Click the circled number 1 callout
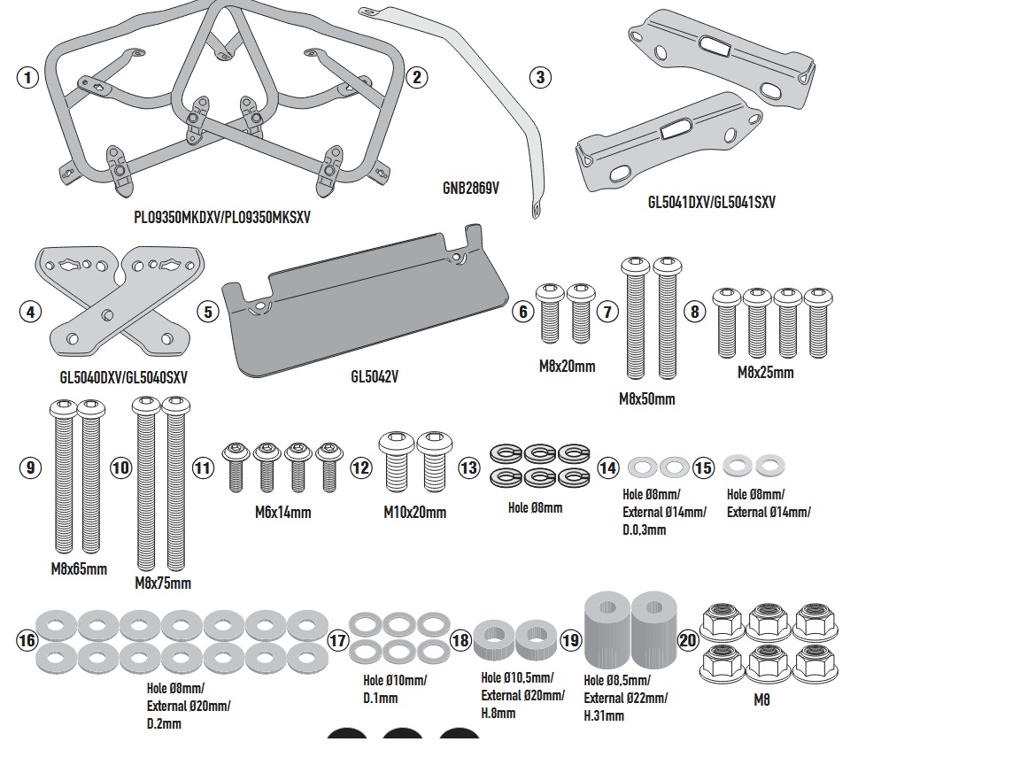coord(28,77)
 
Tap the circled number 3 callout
coord(540,77)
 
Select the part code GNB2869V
coord(471,188)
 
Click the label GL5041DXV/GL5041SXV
coord(711,202)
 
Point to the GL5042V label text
coord(375,376)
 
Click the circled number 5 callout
coord(207,312)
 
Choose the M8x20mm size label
coord(567,365)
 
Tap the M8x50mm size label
coord(646,398)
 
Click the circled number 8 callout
coord(694,312)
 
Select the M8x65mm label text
coord(79,568)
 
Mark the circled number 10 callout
coord(121,467)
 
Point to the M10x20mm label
coord(414,512)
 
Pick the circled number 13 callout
coord(468,467)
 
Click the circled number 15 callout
coord(703,467)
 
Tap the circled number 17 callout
coord(338,640)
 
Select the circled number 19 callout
coord(571,640)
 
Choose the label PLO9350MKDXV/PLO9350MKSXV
coord(222,216)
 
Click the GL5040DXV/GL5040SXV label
coord(124,376)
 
